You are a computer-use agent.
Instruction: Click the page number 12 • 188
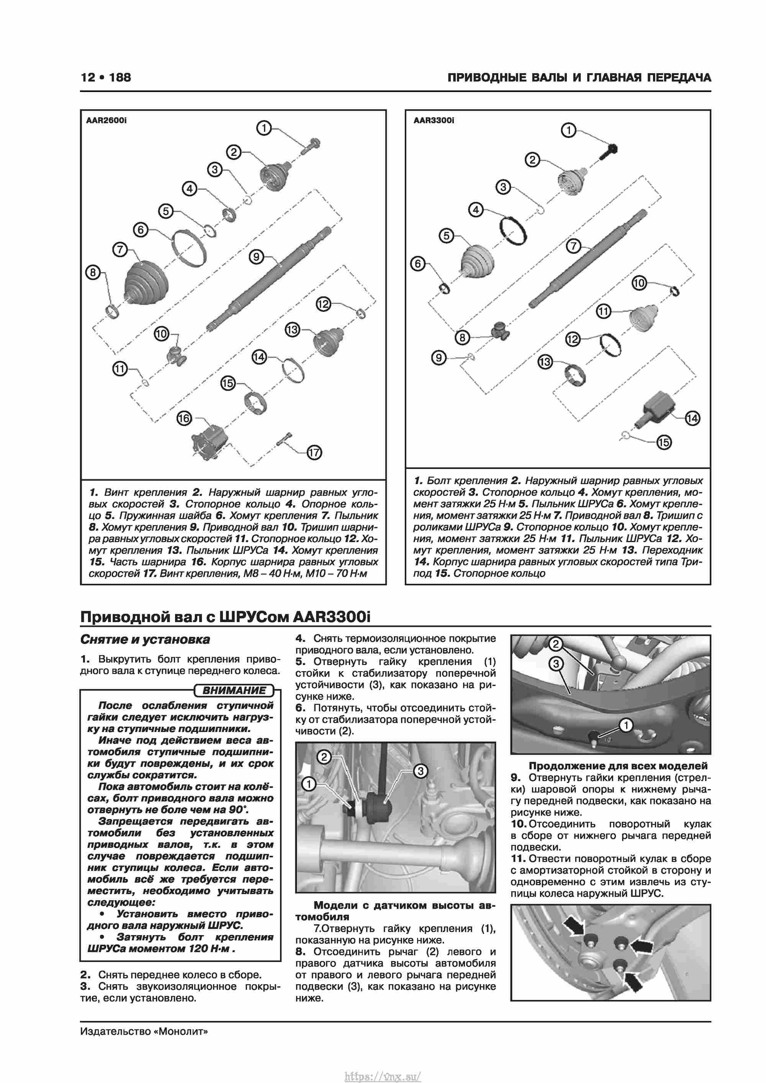(106, 77)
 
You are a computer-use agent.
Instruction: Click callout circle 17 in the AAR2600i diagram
(314, 453)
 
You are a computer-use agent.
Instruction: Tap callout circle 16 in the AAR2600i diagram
(184, 418)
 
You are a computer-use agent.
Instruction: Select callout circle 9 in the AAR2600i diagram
(256, 257)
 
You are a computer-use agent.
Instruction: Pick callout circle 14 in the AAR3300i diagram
(692, 418)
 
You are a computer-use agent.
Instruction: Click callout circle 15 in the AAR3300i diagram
(664, 442)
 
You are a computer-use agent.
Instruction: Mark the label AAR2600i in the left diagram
(106, 120)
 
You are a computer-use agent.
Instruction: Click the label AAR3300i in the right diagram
(434, 120)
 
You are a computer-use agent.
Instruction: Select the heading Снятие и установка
(145, 640)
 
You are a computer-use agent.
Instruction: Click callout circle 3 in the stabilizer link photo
(420, 771)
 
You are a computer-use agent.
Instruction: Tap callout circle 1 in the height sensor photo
(625, 725)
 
